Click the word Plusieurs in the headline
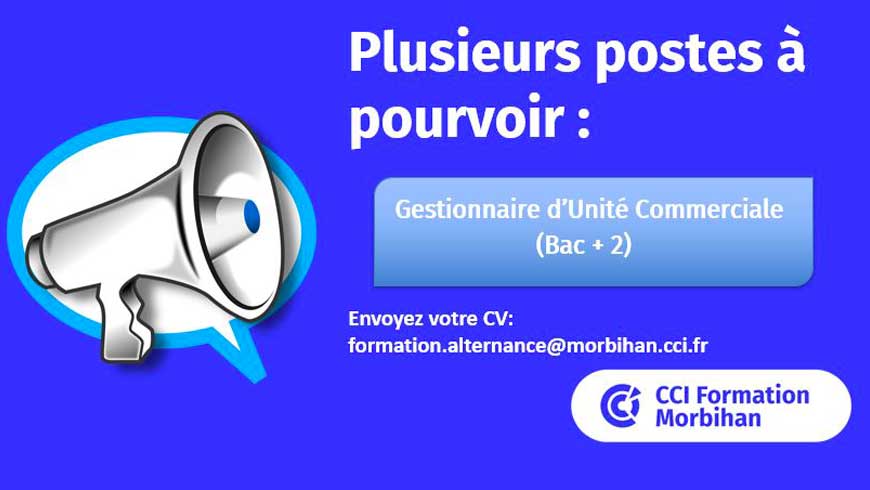(x=464, y=54)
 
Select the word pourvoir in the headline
(x=456, y=120)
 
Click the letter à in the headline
(x=791, y=51)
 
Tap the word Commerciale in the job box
(x=710, y=209)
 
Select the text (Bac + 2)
(x=584, y=245)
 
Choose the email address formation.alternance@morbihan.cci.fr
(x=528, y=345)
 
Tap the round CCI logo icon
(x=620, y=405)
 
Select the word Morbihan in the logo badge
(x=708, y=418)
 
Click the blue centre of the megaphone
(x=251, y=216)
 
